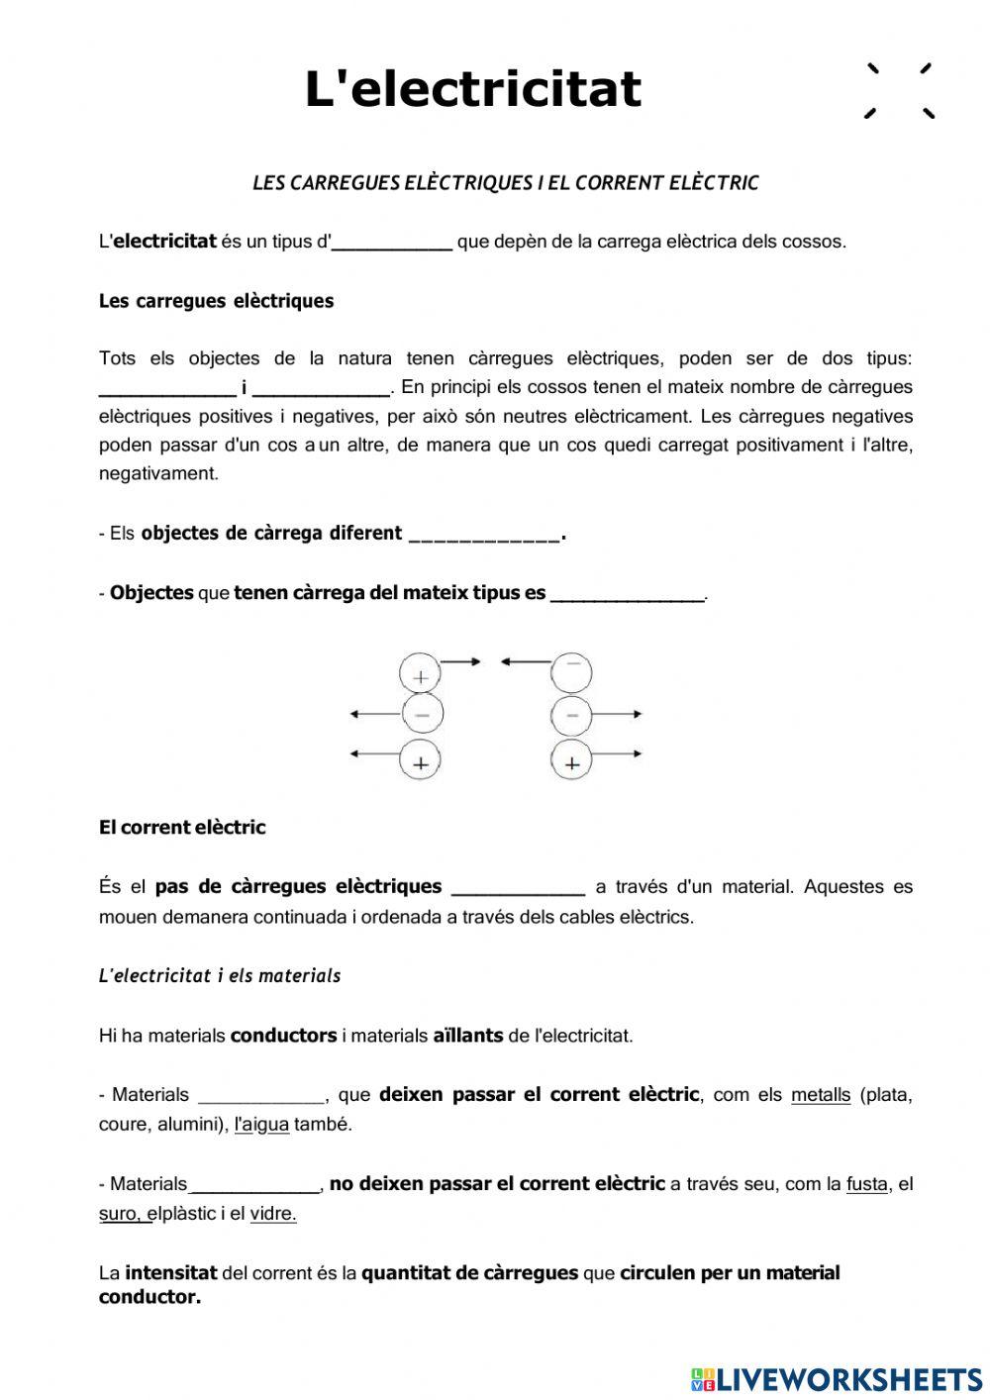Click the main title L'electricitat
click(473, 89)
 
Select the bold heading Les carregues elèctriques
click(216, 301)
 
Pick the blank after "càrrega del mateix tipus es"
click(627, 595)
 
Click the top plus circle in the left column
click(421, 676)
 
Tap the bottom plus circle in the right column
click(571, 762)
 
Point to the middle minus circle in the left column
click(422, 714)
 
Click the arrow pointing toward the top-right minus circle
click(526, 662)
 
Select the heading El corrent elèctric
click(182, 828)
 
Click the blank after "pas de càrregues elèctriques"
click(518, 888)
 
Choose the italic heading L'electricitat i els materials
click(220, 976)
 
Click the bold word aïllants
click(467, 1037)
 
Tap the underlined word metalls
click(821, 1095)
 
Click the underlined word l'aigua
click(261, 1125)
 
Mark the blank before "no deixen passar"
click(254, 1185)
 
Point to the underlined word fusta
click(867, 1184)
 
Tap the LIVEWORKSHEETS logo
click(837, 1378)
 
